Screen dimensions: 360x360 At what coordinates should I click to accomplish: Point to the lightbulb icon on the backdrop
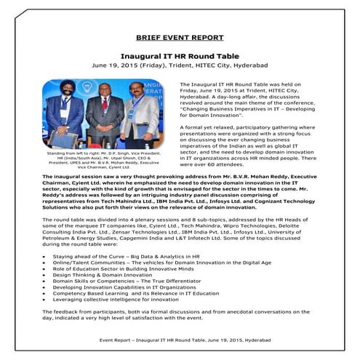(x=81, y=95)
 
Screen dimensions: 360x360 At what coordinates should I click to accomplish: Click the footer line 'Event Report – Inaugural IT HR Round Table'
(x=180, y=340)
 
